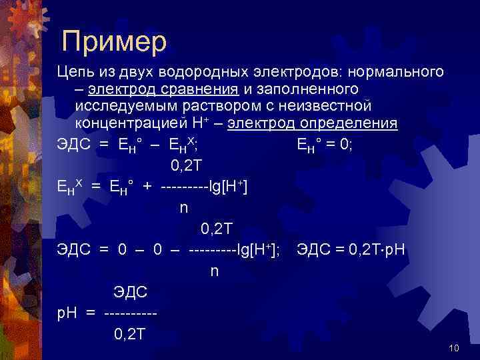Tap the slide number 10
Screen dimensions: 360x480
pos(455,348)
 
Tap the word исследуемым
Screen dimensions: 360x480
pos(124,106)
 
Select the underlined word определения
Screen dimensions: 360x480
pos(351,123)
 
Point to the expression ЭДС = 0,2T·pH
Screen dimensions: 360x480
pos(351,251)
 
